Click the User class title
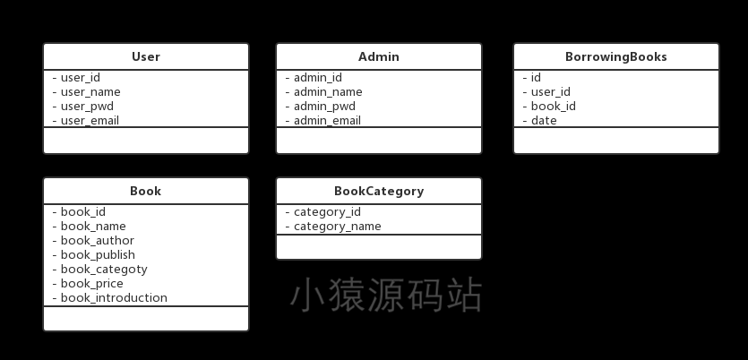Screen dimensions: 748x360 [145, 56]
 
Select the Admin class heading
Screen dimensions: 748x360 [379, 56]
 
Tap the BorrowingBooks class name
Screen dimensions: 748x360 [615, 56]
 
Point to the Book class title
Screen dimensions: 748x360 [145, 192]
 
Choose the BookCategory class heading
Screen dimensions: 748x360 [379, 192]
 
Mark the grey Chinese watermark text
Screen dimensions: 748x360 [386, 296]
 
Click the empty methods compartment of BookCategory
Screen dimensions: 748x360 [379, 247]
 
